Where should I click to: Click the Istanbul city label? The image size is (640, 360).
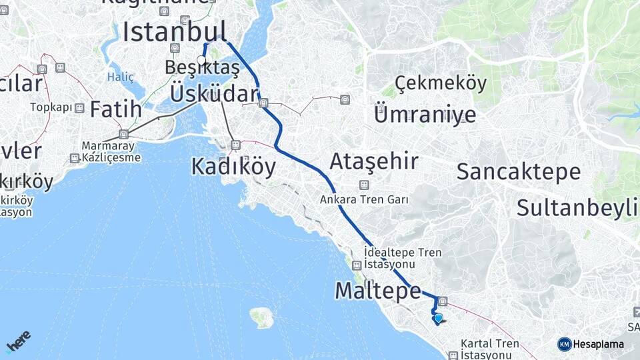click(x=175, y=31)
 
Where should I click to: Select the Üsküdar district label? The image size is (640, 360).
click(x=213, y=93)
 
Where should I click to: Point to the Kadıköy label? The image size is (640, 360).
click(x=233, y=166)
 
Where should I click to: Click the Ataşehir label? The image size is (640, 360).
click(x=374, y=161)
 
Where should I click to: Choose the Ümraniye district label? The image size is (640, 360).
click(x=425, y=114)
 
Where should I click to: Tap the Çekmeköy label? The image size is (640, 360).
click(x=441, y=84)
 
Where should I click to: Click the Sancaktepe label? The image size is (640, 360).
click(x=518, y=171)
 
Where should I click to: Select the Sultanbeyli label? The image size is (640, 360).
click(x=577, y=207)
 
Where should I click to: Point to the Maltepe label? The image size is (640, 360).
click(x=378, y=290)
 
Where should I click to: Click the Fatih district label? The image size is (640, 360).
click(x=115, y=109)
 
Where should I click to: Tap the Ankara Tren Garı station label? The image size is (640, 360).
click(x=363, y=199)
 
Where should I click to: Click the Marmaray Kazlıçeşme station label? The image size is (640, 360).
click(x=111, y=152)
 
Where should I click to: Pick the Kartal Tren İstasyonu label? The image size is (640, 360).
click(x=490, y=349)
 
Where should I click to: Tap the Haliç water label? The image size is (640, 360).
click(x=121, y=77)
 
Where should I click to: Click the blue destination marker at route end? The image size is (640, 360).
click(x=438, y=318)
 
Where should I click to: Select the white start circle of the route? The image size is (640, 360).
click(x=201, y=59)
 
